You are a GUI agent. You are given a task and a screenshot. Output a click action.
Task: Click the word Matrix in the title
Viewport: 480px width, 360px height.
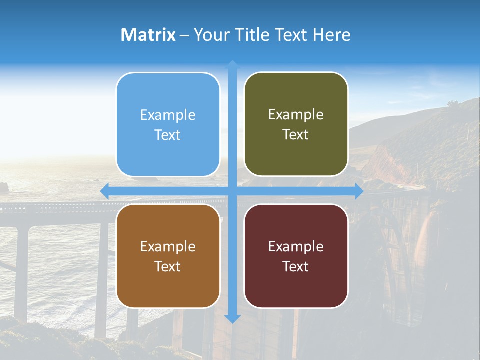[148, 35]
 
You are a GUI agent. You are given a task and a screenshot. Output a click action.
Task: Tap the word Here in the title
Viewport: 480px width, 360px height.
[331, 35]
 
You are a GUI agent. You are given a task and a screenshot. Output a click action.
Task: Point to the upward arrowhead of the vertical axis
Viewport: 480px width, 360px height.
[232, 64]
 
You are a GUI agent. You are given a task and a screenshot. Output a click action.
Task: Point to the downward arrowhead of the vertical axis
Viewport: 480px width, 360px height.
[232, 318]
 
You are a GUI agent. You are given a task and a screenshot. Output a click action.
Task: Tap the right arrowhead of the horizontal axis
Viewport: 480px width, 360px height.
[358, 191]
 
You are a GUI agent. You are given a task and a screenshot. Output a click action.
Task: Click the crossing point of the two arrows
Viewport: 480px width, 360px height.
[232, 191]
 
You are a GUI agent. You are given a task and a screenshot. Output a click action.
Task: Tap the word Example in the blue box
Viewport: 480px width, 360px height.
[168, 115]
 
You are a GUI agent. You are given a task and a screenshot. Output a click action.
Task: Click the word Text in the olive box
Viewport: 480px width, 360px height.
[296, 135]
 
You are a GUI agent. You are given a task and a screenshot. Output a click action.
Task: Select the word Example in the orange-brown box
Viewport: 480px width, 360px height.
[168, 246]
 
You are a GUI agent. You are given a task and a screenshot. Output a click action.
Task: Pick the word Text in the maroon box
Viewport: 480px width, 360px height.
[296, 266]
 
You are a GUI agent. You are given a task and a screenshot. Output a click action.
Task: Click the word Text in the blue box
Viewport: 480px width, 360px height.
[168, 135]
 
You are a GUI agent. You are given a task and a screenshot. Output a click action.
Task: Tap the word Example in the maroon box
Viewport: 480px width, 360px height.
[296, 246]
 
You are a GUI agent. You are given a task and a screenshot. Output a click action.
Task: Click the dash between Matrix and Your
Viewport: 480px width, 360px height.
[184, 35]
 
